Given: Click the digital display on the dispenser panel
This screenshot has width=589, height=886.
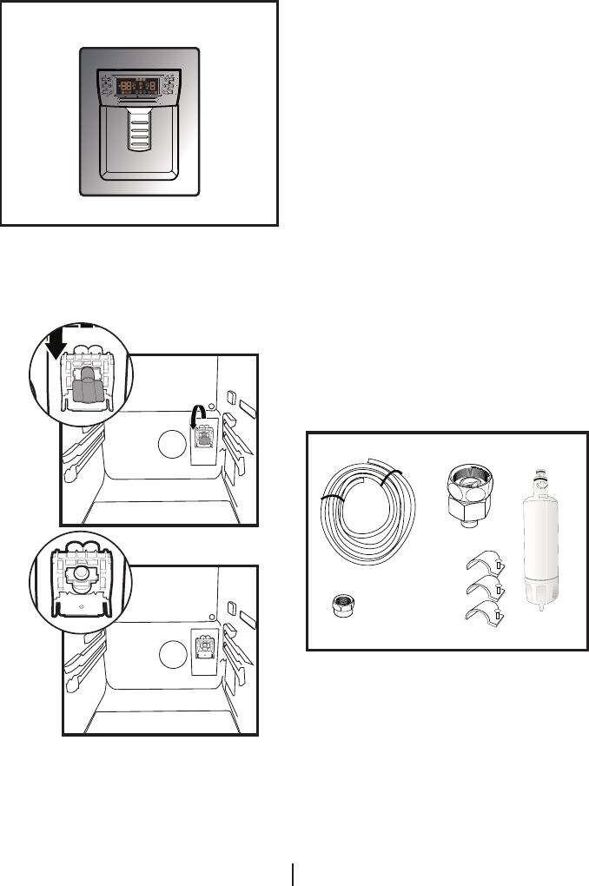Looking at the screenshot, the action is (x=139, y=86).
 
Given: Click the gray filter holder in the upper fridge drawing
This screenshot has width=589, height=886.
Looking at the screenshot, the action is (x=205, y=437).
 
